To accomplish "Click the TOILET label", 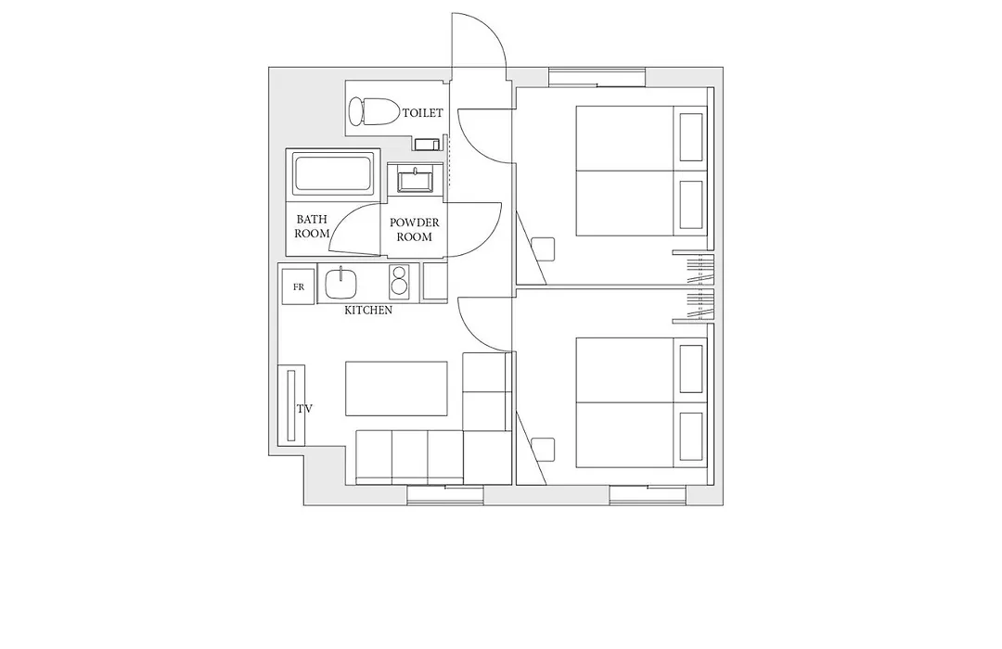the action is coord(422,113).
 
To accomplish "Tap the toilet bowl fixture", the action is coord(374,111).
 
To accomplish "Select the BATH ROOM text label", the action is coord(312,226).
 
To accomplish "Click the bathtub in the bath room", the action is coord(333,173).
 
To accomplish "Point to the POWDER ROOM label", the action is coord(415,229).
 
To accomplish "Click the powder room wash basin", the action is coord(416,178).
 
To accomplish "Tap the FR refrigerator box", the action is coord(299,286).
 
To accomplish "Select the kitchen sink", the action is coord(340,283).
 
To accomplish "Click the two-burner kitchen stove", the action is coord(399,280).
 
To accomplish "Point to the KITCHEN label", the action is coord(368,311).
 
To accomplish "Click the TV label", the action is coord(304,408).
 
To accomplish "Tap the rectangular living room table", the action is coord(396,389).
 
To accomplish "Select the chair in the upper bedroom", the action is coord(543,248).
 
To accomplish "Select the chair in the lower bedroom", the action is coord(543,450).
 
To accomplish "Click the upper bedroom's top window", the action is coord(597,77).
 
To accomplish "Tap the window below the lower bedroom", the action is coord(648,495).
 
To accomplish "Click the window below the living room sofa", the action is coord(445,495).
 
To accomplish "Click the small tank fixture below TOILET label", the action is coord(427,144).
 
